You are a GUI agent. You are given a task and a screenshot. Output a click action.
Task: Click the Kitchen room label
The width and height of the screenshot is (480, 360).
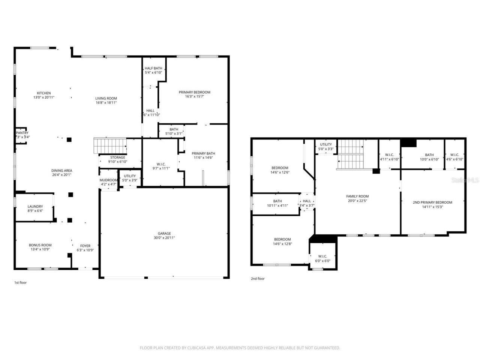[x=43, y=93]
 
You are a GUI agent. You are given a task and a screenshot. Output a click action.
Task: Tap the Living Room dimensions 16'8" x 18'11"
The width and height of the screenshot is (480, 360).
[x=106, y=102]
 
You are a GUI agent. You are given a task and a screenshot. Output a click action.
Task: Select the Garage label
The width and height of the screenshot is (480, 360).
[x=164, y=233]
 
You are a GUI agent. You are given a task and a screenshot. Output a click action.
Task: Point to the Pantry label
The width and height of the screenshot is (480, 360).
[x=22, y=133]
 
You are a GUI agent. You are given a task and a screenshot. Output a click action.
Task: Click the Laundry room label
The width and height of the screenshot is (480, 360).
[x=35, y=206]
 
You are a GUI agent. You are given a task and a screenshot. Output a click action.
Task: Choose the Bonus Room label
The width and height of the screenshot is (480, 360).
[x=40, y=245]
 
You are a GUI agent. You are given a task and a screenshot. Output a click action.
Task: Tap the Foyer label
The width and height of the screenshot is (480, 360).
[x=85, y=246]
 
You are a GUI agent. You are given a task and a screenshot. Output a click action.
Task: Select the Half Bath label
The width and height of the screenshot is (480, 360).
[x=153, y=68]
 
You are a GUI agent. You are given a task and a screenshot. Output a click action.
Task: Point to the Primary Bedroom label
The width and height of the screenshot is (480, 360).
[x=194, y=92]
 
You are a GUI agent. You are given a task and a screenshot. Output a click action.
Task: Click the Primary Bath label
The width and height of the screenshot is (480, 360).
[x=203, y=153]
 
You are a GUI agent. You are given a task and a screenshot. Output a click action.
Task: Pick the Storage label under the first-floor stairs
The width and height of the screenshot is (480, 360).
[x=118, y=157]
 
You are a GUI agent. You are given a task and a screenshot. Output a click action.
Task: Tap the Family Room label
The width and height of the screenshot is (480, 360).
[x=357, y=196]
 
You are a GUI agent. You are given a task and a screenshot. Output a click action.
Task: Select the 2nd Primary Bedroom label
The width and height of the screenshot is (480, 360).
[x=432, y=202]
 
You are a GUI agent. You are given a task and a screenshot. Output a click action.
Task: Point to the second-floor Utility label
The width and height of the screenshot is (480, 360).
[x=325, y=144]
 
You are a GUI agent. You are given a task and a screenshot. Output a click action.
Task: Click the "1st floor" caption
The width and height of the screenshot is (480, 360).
[x=20, y=282]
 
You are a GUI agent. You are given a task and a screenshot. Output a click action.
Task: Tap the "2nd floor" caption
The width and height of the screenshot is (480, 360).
[x=258, y=279]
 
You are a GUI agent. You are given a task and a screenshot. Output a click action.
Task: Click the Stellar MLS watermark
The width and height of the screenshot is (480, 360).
[x=465, y=180]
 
